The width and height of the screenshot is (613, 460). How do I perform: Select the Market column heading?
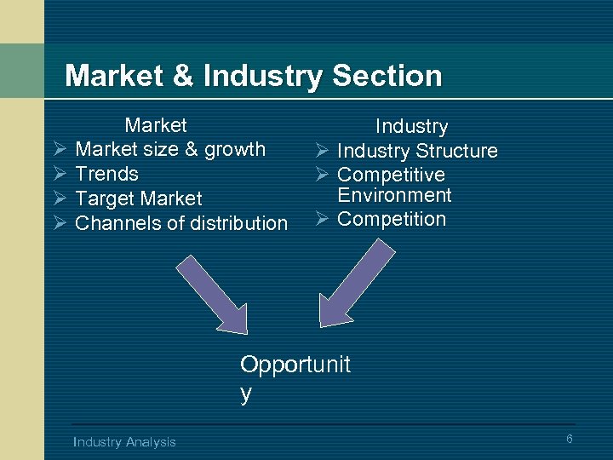155,125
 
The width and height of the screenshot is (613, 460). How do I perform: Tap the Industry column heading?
411,126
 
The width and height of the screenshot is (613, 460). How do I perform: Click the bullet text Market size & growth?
170,149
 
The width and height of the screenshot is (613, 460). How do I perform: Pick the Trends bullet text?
106,174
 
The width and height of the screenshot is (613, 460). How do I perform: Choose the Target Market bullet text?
139,198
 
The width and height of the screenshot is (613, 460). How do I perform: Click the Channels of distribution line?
181,223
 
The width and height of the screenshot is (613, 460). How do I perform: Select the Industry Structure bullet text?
417,151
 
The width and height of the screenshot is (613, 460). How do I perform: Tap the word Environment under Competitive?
394,195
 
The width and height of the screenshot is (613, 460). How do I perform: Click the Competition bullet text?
392,219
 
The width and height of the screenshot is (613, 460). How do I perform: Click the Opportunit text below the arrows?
295,365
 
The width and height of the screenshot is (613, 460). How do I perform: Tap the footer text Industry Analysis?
124,441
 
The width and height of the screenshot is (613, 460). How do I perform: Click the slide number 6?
570,439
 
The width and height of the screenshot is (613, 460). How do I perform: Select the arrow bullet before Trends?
59,174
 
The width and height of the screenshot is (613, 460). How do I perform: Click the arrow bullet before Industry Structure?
321,151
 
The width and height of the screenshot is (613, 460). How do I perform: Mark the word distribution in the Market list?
236,223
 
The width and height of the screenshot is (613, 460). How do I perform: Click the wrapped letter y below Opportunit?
246,394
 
